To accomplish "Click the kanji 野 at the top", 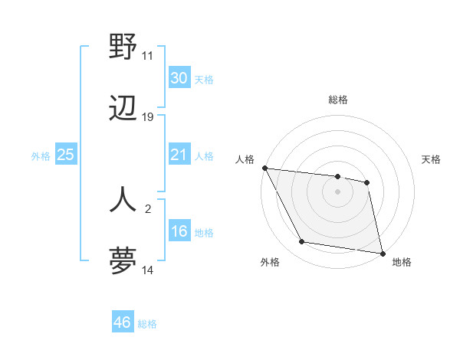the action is pyautogui.click(x=123, y=47).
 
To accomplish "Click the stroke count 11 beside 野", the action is pyautogui.click(x=147, y=56).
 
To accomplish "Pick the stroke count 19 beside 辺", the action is pyautogui.click(x=147, y=117).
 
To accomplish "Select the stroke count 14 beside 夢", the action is pyautogui.click(x=147, y=270).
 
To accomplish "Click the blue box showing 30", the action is pyautogui.click(x=179, y=78).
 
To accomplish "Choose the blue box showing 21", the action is pyautogui.click(x=179, y=155).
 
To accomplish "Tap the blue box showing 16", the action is pyautogui.click(x=179, y=231).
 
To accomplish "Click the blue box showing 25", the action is pyautogui.click(x=65, y=155).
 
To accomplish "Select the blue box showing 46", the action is pyautogui.click(x=122, y=322).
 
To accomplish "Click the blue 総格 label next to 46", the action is pyautogui.click(x=147, y=324).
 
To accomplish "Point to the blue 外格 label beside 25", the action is pyautogui.click(x=41, y=156).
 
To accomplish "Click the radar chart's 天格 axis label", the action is pyautogui.click(x=431, y=159).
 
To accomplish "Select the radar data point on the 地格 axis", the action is pyautogui.click(x=382, y=252).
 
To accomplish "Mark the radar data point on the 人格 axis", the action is pyautogui.click(x=264, y=168).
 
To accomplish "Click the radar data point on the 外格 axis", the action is pyautogui.click(x=301, y=243).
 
